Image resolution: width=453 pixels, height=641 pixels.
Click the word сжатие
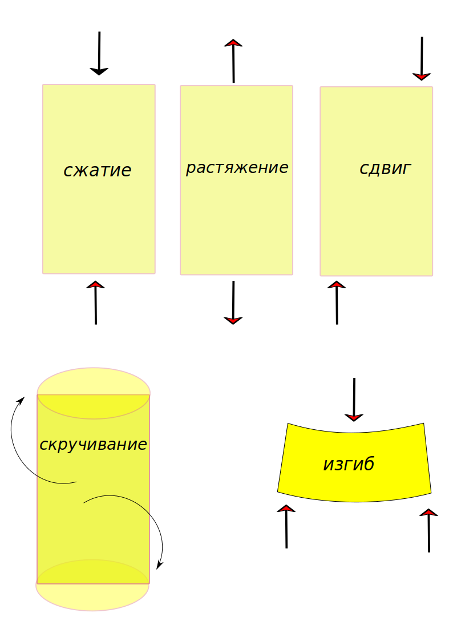98,170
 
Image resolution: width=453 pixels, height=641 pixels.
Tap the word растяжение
237,168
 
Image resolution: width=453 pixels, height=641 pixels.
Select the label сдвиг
385,168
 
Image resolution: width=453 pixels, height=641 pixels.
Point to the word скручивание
93,444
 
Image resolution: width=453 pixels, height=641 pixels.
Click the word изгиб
349,464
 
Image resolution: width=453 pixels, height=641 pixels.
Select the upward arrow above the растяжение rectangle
233,61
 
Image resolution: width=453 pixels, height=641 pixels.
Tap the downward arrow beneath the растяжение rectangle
233,303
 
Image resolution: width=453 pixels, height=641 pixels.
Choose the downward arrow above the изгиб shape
354,399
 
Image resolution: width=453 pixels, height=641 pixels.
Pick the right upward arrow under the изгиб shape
428,530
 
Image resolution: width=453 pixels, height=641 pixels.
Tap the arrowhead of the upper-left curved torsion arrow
22,400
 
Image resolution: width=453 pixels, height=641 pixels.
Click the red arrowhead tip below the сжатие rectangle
95,284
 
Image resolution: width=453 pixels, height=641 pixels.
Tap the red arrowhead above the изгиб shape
354,418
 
